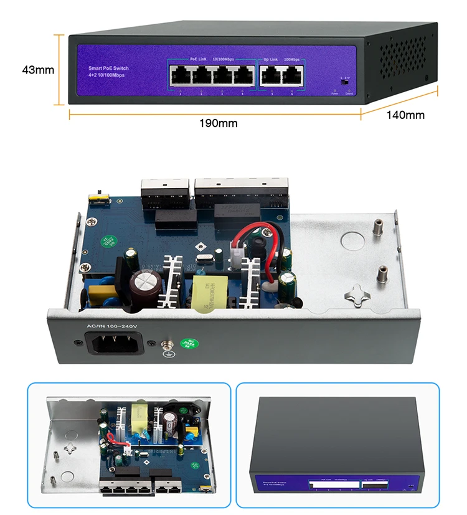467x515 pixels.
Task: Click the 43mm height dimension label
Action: click(38, 70)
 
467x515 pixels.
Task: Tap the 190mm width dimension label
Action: click(218, 123)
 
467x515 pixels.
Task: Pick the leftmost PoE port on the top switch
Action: click(180, 76)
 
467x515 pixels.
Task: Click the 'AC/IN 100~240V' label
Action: click(111, 326)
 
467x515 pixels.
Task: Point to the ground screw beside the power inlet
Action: click(166, 344)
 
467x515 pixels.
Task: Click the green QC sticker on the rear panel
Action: click(187, 344)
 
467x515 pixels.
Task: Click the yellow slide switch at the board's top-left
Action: click(98, 197)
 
